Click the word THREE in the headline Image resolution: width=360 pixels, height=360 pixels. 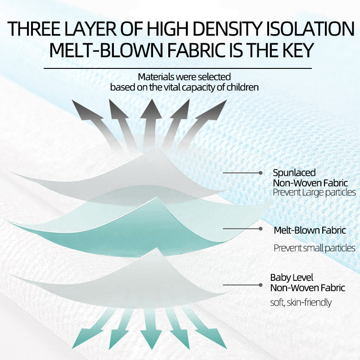pos(34,29)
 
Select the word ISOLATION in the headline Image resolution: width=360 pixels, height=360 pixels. pos(310,29)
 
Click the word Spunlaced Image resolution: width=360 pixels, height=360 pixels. pos(294,173)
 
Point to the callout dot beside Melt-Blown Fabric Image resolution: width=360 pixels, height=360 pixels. pos(261,229)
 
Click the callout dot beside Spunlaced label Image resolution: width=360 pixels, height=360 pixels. pos(261,173)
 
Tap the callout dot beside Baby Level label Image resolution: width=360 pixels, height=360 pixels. pos(261,285)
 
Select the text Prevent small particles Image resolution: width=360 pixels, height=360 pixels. pos(315,248)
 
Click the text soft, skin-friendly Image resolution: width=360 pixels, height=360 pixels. pos(301,302)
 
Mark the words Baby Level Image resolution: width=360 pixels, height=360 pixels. pos(292,278)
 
